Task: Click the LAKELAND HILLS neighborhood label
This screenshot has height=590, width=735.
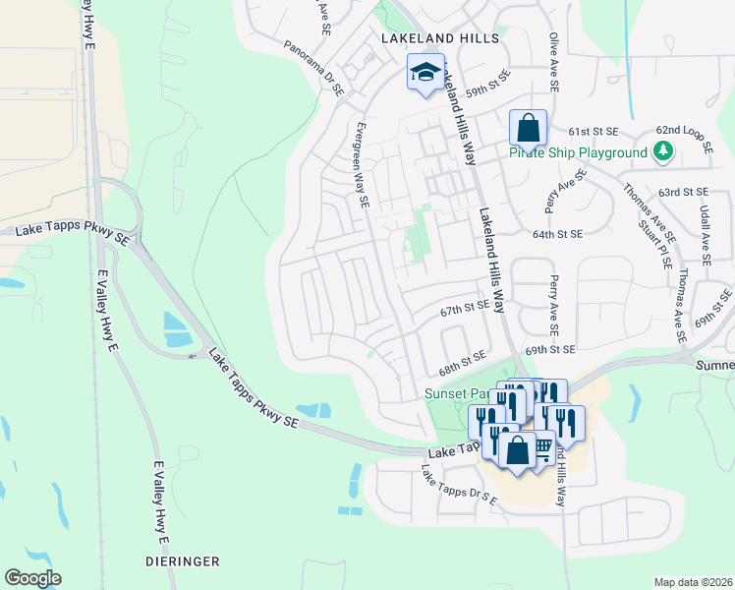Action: pyautogui.click(x=439, y=38)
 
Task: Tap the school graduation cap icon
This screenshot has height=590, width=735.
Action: pyautogui.click(x=424, y=73)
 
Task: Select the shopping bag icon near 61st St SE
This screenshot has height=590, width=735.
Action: pyautogui.click(x=528, y=128)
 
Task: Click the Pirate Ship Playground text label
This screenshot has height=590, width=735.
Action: pyautogui.click(x=578, y=152)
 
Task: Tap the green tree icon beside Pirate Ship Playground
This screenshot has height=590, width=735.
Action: pyautogui.click(x=664, y=150)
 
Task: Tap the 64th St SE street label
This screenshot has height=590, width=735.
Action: pyautogui.click(x=557, y=234)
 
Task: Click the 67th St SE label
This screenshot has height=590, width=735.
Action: pyautogui.click(x=464, y=310)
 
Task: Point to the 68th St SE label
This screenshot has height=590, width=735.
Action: pyautogui.click(x=462, y=362)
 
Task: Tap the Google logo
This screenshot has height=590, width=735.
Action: pyautogui.click(x=32, y=577)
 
